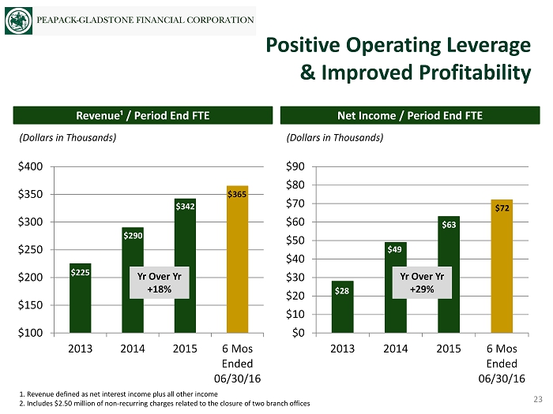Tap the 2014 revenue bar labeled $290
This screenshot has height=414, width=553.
(133, 279)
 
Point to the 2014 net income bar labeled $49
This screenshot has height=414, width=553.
(395, 287)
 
